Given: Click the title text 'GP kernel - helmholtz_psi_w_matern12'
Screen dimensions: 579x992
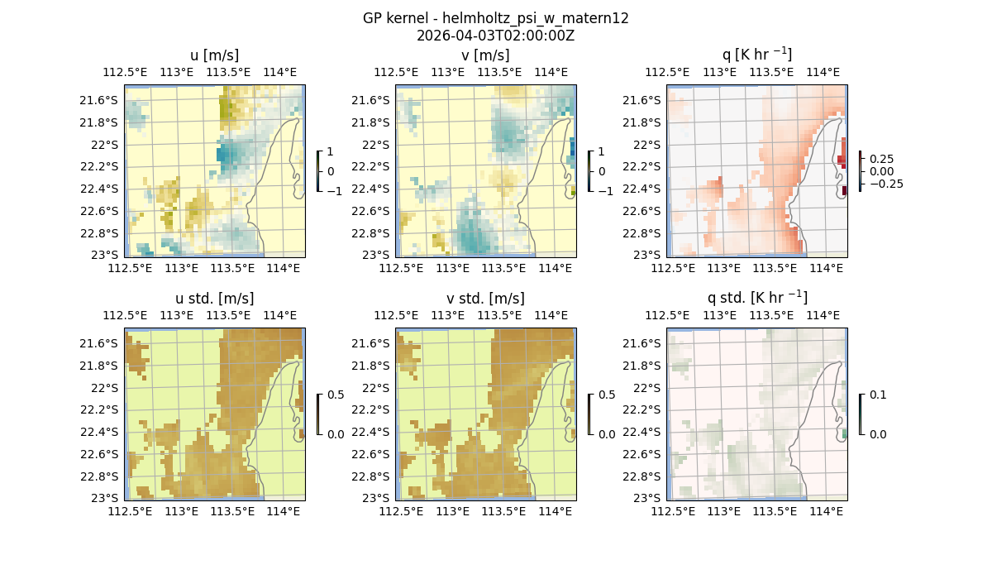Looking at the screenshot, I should pos(495,18).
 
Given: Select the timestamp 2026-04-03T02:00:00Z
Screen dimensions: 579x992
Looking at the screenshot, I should pos(495,36).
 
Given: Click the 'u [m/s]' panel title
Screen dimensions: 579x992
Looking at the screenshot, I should pos(214,55).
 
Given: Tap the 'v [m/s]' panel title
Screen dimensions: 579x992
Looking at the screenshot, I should pos(485,55).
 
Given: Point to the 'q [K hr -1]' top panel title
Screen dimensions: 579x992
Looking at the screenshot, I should pos(756,55).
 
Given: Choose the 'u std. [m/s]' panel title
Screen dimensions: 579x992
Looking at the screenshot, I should pos(214,299).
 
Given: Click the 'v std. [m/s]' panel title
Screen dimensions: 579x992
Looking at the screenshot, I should pos(485,299).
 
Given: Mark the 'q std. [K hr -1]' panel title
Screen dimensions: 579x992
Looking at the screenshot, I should pos(756,298).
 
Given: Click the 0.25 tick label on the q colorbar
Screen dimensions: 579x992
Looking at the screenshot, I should pos(880,159).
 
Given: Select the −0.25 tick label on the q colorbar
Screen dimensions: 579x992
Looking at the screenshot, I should pos(885,184).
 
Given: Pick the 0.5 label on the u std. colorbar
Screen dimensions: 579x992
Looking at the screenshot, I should pos(336,395).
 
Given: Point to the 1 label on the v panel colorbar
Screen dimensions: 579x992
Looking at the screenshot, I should pos(601,152).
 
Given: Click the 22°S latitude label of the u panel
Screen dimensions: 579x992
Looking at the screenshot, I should pos(106,145).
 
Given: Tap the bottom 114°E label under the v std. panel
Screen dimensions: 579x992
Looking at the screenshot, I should pos(555,511).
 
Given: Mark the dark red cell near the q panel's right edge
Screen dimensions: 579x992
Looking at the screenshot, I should pos(843,191).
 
